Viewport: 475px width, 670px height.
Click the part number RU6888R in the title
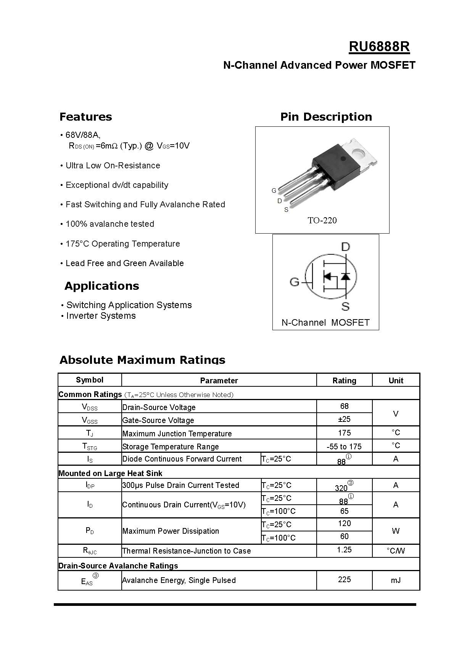click(379, 47)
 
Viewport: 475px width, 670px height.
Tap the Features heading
click(85, 117)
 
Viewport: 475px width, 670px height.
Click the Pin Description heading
click(326, 117)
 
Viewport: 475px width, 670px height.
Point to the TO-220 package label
click(322, 220)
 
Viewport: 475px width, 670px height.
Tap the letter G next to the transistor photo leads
click(274, 191)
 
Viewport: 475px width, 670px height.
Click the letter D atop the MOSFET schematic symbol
click(345, 247)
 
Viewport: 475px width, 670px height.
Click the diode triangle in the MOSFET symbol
click(345, 276)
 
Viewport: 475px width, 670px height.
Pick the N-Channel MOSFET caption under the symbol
click(325, 323)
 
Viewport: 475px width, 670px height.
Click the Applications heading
click(101, 286)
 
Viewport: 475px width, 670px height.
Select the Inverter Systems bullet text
click(101, 316)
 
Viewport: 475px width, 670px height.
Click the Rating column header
click(344, 381)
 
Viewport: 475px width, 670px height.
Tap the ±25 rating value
click(344, 419)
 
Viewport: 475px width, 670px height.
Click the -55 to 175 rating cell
click(344, 446)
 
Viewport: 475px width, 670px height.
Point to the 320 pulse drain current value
click(341, 488)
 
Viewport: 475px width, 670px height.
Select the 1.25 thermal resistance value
click(344, 550)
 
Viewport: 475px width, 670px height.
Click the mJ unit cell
click(396, 580)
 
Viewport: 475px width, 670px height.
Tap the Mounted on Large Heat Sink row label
click(110, 473)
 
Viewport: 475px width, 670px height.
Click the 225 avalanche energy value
click(344, 580)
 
